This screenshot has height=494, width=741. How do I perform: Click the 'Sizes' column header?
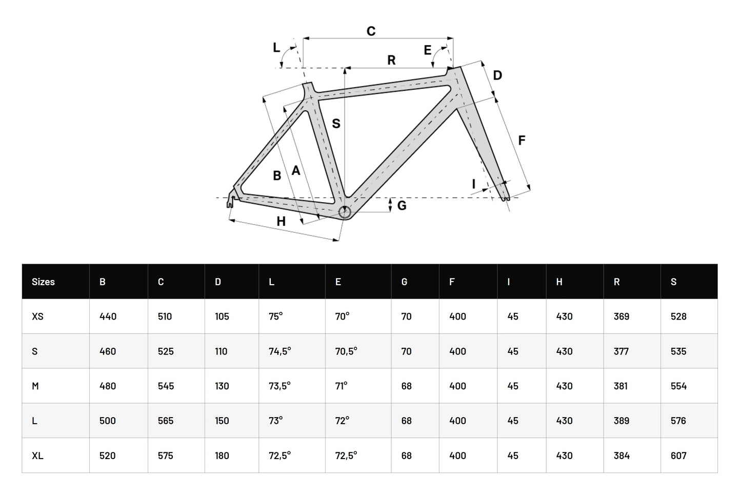(x=43, y=282)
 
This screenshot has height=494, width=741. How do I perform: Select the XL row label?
(x=37, y=456)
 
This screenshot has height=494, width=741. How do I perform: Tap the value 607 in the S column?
(x=678, y=456)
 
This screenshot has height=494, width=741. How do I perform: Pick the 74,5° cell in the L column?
(x=280, y=351)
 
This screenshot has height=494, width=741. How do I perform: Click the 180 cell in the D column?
(x=222, y=456)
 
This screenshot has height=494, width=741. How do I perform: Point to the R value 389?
(x=622, y=421)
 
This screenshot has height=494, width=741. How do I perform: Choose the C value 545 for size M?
(x=166, y=386)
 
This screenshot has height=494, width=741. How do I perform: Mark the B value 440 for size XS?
(x=108, y=317)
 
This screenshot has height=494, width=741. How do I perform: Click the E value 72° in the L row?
(x=342, y=421)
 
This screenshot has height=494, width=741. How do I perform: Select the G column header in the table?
(x=405, y=282)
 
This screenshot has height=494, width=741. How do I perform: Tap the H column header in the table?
(x=559, y=282)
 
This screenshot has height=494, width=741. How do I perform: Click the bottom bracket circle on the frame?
(x=344, y=212)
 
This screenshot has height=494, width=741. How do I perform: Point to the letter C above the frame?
(x=371, y=31)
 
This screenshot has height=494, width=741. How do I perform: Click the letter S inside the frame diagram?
(x=336, y=124)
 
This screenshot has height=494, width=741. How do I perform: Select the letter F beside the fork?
(x=522, y=140)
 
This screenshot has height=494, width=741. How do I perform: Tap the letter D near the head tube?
(x=497, y=75)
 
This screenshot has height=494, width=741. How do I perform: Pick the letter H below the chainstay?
(x=281, y=222)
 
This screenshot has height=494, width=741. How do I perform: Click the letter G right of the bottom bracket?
(x=402, y=205)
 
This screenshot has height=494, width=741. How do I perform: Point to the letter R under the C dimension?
(x=391, y=60)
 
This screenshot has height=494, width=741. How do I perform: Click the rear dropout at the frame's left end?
(x=230, y=201)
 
